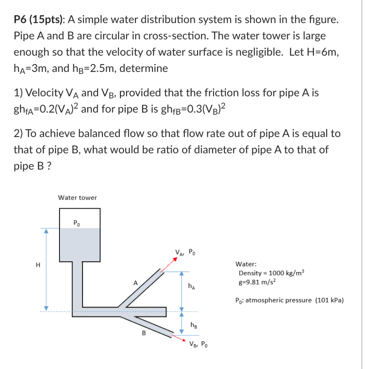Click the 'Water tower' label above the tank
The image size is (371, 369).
(x=78, y=198)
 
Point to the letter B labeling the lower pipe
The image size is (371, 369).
(x=143, y=333)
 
